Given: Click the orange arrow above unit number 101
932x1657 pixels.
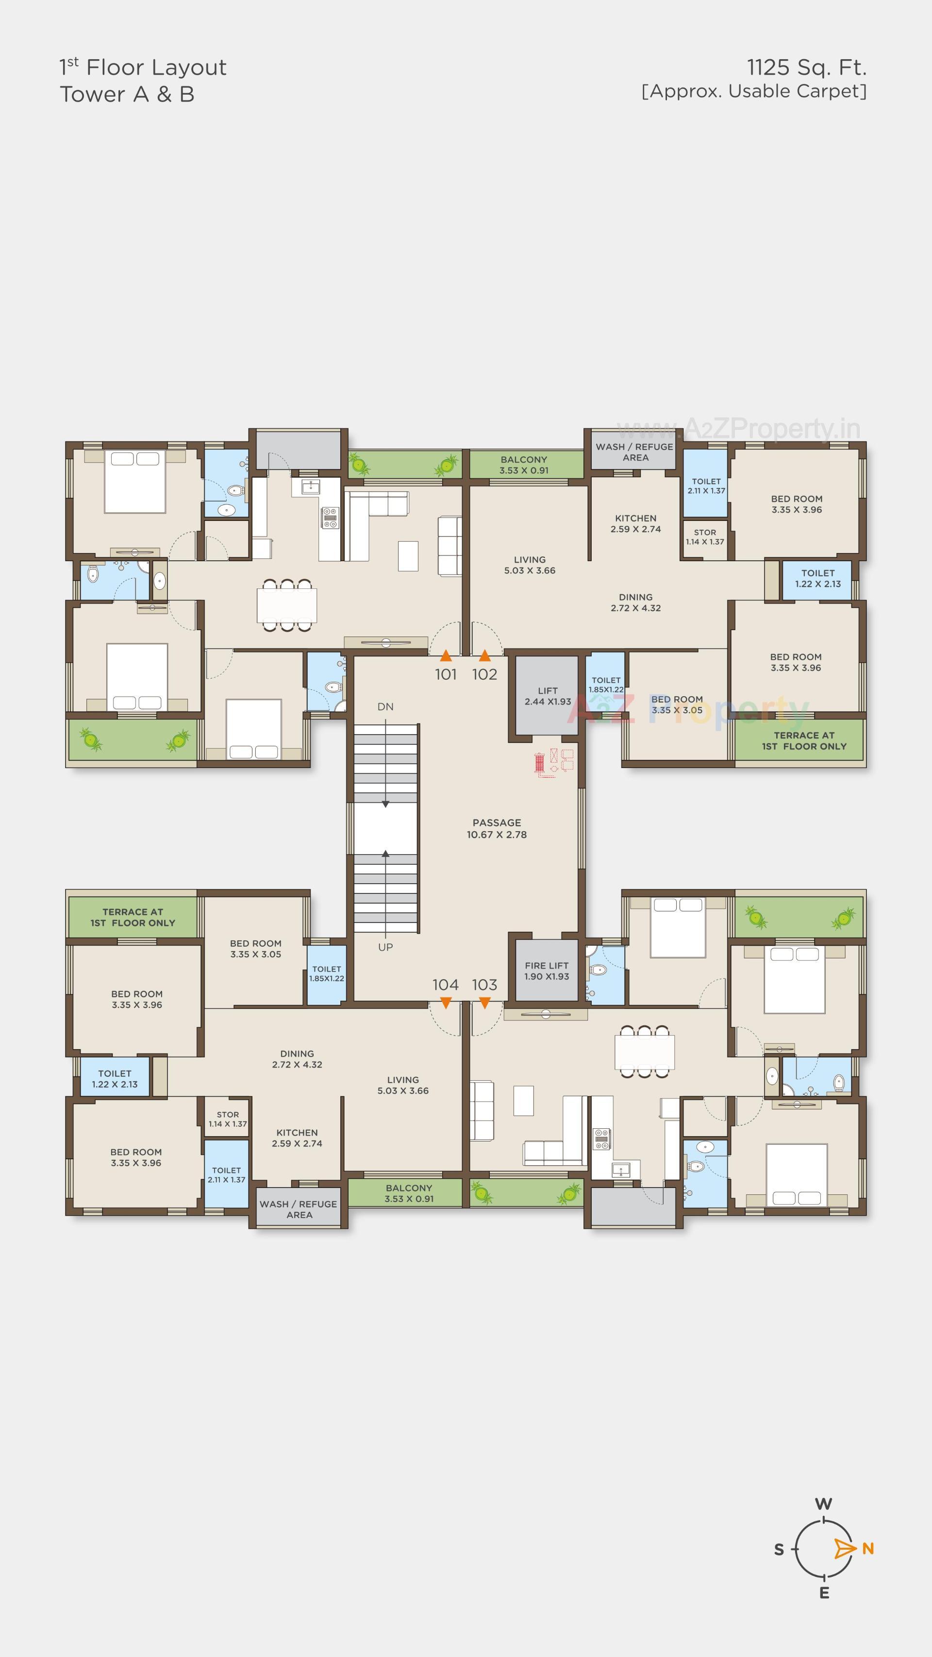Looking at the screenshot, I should click(446, 655).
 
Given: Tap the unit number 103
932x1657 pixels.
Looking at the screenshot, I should click(484, 985).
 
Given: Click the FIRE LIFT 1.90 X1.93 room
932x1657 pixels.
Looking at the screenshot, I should click(547, 971).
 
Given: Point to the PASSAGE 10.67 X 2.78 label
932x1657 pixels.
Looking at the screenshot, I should click(497, 828).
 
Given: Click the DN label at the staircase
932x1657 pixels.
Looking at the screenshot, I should click(385, 706).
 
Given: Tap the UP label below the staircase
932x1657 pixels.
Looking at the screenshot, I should click(385, 947).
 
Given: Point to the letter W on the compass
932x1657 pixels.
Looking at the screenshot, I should click(823, 1504).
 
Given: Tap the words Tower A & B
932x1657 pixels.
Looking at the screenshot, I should click(127, 95).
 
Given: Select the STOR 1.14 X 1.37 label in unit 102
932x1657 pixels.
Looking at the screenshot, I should click(704, 537).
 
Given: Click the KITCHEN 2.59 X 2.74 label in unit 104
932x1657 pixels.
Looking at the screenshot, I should click(297, 1138).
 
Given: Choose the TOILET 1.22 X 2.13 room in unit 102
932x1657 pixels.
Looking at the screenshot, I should click(817, 578).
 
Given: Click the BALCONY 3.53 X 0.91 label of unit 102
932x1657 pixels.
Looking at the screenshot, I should click(524, 465).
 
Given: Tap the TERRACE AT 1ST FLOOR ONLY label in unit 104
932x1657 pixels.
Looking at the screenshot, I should click(133, 917).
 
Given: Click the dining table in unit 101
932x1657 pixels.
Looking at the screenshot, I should click(287, 604).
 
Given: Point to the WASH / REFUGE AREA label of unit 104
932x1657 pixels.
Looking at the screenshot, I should click(299, 1209).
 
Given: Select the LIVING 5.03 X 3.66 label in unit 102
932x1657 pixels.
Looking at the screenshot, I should click(530, 565).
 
